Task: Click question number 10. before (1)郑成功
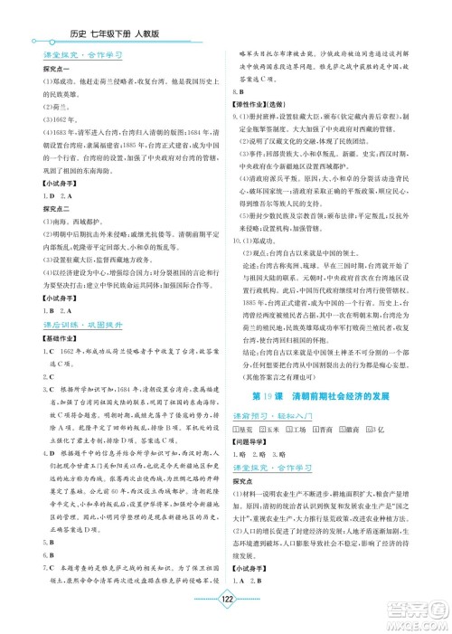pos(239,267)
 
